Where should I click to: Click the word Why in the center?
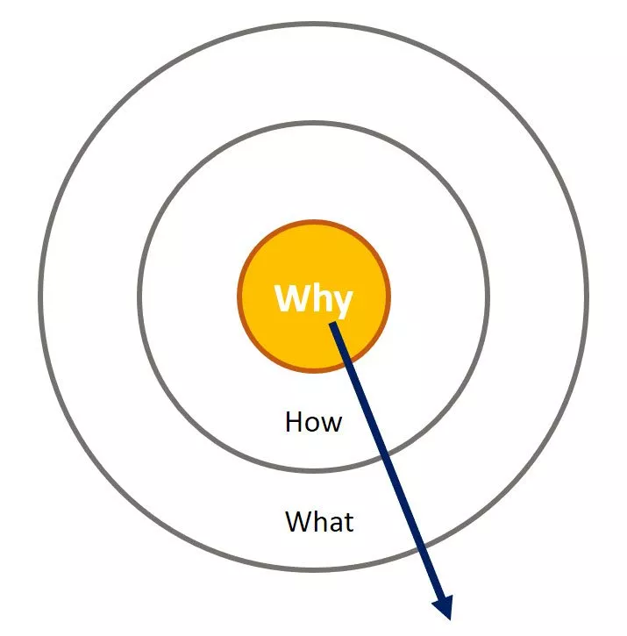click(314, 300)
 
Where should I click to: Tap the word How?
click(314, 422)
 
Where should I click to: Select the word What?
click(319, 522)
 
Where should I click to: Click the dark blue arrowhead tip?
click(449, 620)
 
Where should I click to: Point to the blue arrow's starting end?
click(332, 324)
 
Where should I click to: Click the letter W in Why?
click(291, 297)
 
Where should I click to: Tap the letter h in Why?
click(318, 297)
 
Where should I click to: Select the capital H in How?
click(294, 422)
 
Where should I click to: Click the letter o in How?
click(313, 425)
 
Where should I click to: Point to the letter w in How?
click(331, 425)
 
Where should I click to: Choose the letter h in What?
click(322, 521)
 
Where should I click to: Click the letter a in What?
click(337, 524)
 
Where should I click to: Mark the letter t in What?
click(350, 523)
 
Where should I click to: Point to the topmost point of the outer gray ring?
click(314, 25)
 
